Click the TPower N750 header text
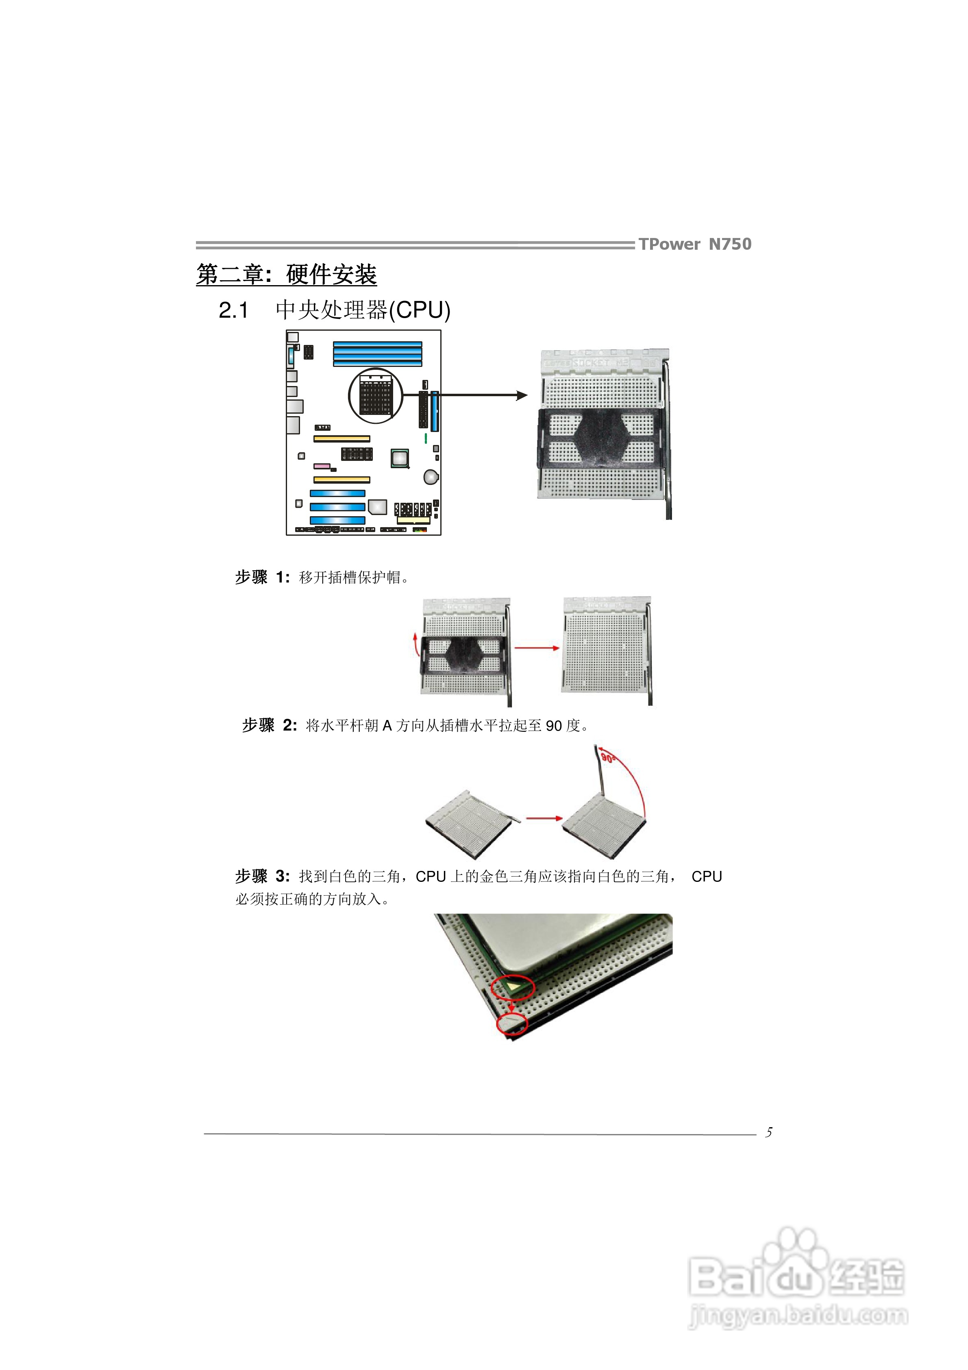pos(694,244)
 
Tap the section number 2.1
pos(233,310)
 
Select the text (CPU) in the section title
pos(419,310)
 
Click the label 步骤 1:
pos(262,577)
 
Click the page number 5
pos(769,1132)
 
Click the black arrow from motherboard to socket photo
pos(465,395)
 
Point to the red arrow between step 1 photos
pos(537,648)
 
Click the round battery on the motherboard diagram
pos(431,476)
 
